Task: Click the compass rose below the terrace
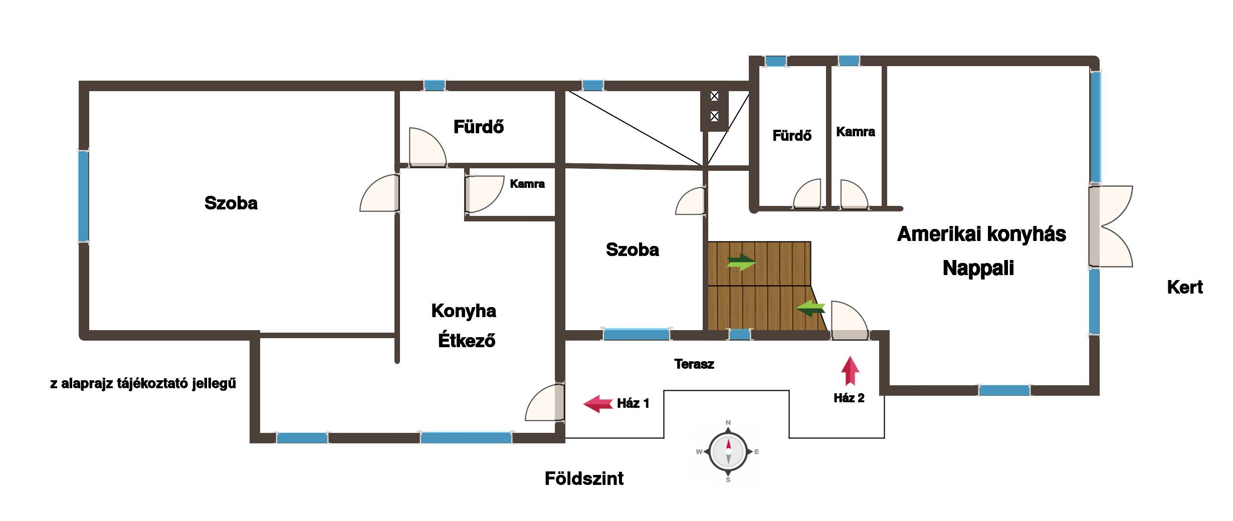728,451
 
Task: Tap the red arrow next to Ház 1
598,404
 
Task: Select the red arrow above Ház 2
850,371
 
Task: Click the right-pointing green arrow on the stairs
741,262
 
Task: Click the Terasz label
694,364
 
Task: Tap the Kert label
1185,288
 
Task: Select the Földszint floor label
584,479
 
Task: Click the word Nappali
978,268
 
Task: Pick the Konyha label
464,311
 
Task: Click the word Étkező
467,341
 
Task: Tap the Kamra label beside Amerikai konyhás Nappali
856,132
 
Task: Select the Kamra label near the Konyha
527,184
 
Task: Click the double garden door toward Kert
1110,226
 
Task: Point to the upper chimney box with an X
714,96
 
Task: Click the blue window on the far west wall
83,196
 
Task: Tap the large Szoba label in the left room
231,203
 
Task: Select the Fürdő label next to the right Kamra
792,135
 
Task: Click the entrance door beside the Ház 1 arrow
545,402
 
